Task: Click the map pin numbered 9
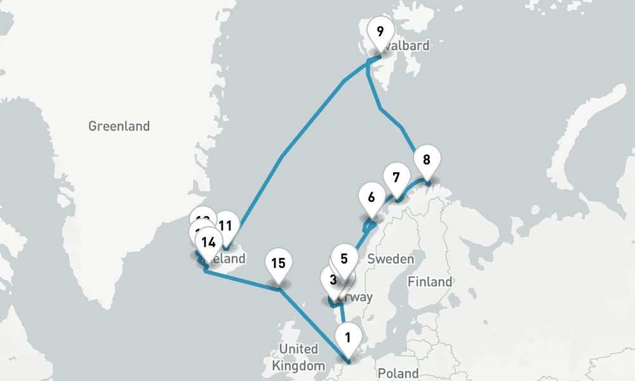[380, 32]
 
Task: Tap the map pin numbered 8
[427, 160]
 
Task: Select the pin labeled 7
[396, 177]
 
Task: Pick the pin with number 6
[371, 197]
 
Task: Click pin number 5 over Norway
[344, 258]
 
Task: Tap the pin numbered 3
[331, 279]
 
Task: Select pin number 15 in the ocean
[277, 264]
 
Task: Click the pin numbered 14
[208, 242]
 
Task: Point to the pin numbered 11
[225, 225]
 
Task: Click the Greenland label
[119, 126]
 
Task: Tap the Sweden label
[391, 259]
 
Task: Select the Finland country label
[431, 281]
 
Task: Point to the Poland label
[398, 373]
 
